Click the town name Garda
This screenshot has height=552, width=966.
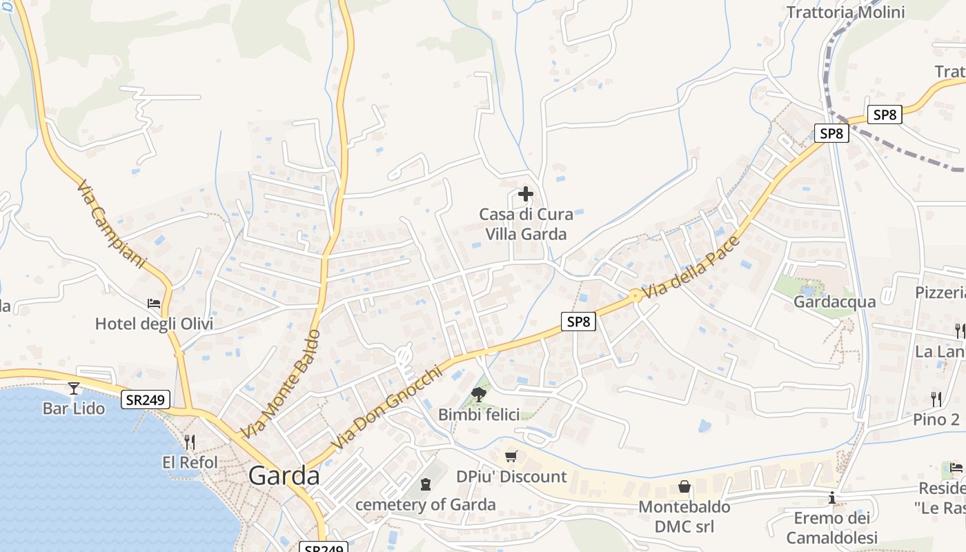point(284,476)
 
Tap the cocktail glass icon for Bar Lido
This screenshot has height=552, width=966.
point(74,388)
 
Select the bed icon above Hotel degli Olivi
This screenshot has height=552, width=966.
point(154,304)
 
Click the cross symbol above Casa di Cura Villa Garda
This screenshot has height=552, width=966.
point(526,194)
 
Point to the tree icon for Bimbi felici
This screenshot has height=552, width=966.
point(478,394)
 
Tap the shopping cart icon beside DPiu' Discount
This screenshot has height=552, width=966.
point(511,456)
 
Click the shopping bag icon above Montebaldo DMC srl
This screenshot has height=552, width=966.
point(684,486)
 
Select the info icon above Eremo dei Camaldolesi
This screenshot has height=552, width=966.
point(832,497)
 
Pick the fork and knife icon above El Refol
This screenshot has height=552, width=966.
point(190,442)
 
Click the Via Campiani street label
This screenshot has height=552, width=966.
point(112,224)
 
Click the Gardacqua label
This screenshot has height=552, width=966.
point(834,302)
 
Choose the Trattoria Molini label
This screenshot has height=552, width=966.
point(845,12)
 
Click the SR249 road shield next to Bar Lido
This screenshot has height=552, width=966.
point(146,400)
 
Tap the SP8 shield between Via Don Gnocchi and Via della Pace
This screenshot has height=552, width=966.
point(578,321)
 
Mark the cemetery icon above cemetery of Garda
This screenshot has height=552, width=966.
point(426,485)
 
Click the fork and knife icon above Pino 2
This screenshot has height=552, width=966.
point(936,399)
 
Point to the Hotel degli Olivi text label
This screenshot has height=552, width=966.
point(154,324)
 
